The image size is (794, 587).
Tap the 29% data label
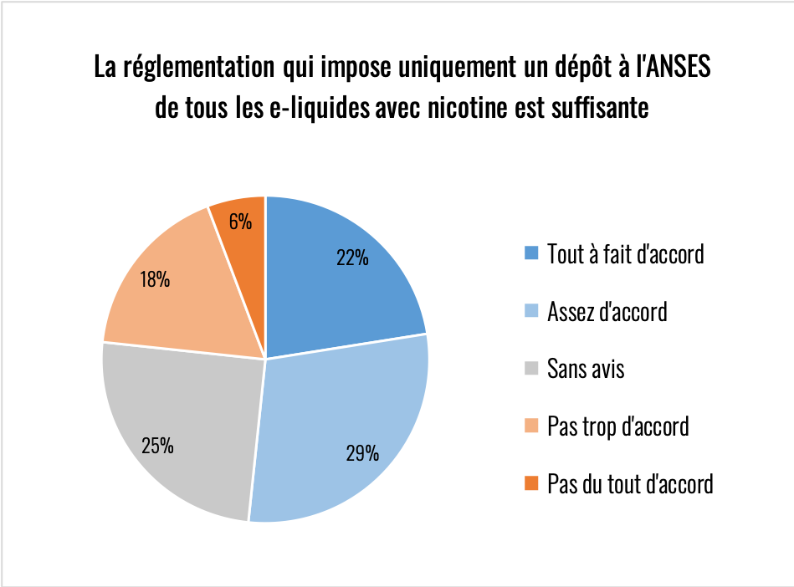point(362,454)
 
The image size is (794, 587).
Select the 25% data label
point(157,446)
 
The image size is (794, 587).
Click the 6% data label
point(239,222)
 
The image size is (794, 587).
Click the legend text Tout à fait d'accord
point(625,253)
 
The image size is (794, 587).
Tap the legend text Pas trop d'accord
point(617,426)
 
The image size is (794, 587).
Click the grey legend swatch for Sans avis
point(530,369)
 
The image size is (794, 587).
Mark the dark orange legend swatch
point(530,483)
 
